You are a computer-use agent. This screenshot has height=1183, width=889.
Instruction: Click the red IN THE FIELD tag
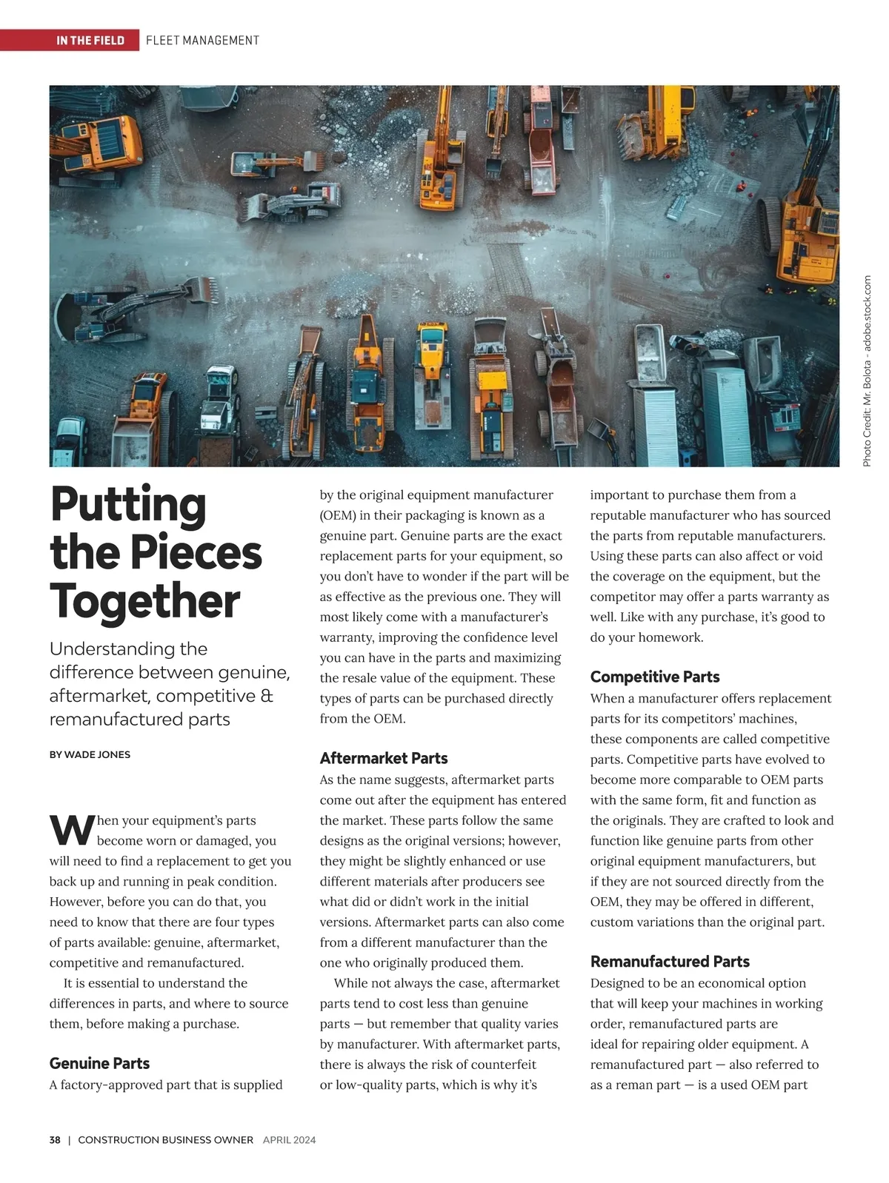coord(90,40)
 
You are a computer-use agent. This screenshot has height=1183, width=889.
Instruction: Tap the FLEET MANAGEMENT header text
coord(202,40)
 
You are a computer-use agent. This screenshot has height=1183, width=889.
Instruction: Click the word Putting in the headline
coord(128,506)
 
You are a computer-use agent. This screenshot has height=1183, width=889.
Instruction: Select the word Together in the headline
coord(145,601)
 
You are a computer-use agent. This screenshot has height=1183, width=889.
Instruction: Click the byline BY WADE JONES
coord(90,754)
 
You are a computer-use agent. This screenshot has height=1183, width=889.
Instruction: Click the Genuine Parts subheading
coord(99,1063)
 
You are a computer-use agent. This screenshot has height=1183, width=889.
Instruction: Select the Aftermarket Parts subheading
coord(384,758)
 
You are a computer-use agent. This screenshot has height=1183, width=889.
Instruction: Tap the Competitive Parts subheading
coord(655,677)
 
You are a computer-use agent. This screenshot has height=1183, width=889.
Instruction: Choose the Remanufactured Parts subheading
coord(670,962)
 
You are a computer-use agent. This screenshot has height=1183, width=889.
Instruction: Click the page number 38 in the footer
coord(55,1140)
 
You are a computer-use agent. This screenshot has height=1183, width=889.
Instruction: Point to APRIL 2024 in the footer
coord(289,1140)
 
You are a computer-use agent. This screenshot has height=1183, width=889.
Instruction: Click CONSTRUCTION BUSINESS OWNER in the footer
coord(165,1140)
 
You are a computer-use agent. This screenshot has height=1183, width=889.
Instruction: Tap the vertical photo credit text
coord(867,370)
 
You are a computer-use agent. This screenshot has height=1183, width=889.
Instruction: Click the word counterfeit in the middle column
coord(502,1065)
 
